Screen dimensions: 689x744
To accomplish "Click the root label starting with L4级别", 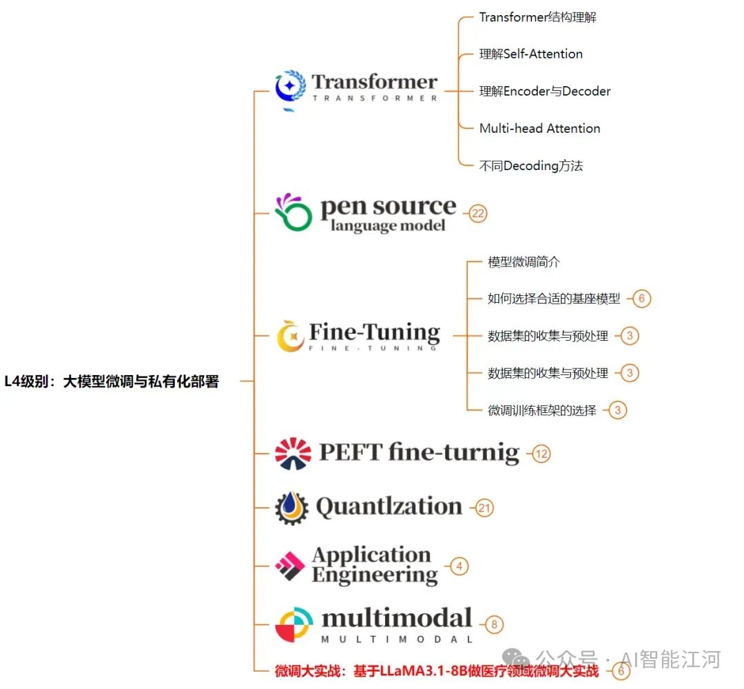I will coord(112,381).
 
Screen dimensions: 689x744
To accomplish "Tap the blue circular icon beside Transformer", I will coord(290,88).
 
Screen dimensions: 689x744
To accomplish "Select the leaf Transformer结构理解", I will coord(537,17).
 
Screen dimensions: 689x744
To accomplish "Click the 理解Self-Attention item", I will coord(530,54).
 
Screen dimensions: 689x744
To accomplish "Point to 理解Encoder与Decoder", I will coord(545,91).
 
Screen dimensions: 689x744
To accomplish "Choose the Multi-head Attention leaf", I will coord(539,128).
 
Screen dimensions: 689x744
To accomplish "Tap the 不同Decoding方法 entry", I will coord(530,165).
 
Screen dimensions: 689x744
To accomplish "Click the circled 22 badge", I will coord(478,214).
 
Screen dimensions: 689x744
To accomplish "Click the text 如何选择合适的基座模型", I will coord(554,299).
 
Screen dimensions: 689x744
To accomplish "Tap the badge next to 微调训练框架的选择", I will coord(617,410).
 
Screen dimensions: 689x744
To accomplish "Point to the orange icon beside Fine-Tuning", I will coord(291,336).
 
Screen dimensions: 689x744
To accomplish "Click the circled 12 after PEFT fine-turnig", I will coord(541,454).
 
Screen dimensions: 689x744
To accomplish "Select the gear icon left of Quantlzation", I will coord(291,507).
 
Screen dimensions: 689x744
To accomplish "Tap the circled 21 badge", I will coord(484,508).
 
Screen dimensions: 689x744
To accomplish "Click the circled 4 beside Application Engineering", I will coord(459,566).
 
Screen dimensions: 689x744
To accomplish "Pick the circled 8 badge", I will coord(494,625).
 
